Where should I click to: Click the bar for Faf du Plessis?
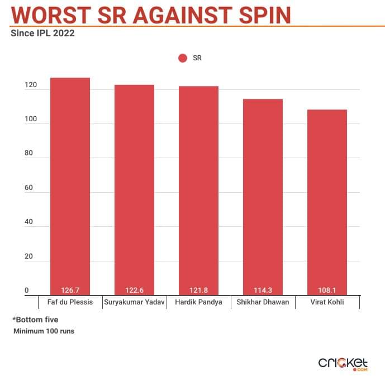(70, 184)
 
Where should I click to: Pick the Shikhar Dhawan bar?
(263, 196)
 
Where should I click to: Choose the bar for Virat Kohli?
(327, 201)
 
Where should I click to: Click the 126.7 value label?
(70, 290)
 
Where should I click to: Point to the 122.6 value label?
(134, 290)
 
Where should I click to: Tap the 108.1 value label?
(327, 290)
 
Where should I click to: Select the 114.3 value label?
(263, 290)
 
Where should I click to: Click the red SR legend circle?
(182, 58)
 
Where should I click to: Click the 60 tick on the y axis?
(28, 188)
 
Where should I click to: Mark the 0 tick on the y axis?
(26, 290)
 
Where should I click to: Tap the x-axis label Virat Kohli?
(327, 302)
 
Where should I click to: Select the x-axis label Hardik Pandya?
(198, 302)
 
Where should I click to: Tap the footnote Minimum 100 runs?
(44, 331)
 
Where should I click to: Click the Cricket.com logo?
(343, 363)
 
